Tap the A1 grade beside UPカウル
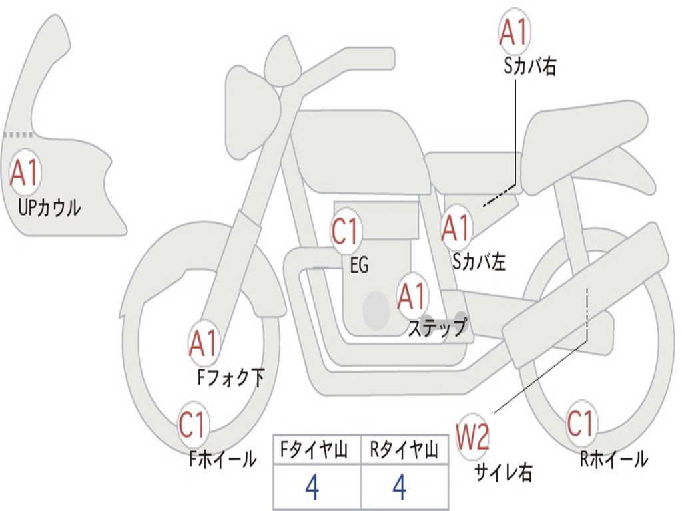pos(25,173)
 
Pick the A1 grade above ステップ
pos(412,296)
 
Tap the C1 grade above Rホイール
pos(581,423)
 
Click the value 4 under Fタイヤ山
pos(312,488)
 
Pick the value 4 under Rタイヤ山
pos(400,488)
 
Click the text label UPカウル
pos(49,208)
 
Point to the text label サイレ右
pos(504,472)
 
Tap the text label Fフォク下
pos(230,378)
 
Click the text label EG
pos(359,265)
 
